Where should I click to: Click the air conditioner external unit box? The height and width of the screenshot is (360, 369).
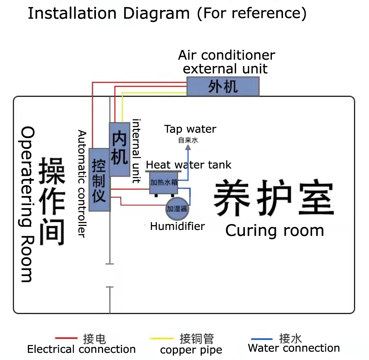click(223, 86)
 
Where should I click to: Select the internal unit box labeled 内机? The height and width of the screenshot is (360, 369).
click(120, 149)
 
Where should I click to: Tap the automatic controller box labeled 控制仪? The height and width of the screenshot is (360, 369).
click(99, 179)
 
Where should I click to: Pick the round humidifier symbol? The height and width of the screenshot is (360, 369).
click(177, 208)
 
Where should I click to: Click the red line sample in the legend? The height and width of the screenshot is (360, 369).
click(66, 339)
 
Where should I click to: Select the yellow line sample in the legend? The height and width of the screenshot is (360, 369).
click(162, 339)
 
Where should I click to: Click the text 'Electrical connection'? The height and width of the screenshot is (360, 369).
click(81, 350)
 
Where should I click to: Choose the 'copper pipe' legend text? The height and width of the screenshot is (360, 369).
click(191, 350)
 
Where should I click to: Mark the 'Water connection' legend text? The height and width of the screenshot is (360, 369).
click(294, 348)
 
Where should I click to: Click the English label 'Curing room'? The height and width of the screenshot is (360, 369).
click(275, 231)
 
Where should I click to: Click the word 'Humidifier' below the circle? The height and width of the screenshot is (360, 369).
click(178, 227)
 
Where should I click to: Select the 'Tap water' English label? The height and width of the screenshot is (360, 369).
click(190, 129)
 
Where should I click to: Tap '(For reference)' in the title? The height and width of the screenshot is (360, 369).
click(252, 13)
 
